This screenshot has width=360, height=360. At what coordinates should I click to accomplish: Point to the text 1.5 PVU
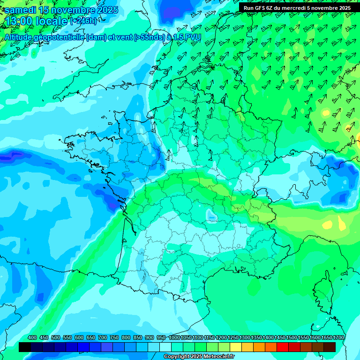[187, 37]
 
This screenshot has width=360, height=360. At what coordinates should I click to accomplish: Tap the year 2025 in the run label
[343, 7]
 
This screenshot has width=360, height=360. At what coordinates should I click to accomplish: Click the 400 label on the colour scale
[32, 337]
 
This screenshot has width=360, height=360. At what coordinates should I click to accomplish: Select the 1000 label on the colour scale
[174, 337]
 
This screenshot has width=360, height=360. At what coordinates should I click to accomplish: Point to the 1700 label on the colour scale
[338, 337]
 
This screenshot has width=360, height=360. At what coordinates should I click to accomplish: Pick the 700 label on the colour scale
[103, 337]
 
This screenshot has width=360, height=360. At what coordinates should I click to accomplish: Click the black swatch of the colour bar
[25, 347]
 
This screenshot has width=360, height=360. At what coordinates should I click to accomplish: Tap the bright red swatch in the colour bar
[283, 347]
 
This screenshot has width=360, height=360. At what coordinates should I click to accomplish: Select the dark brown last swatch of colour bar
[330, 347]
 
